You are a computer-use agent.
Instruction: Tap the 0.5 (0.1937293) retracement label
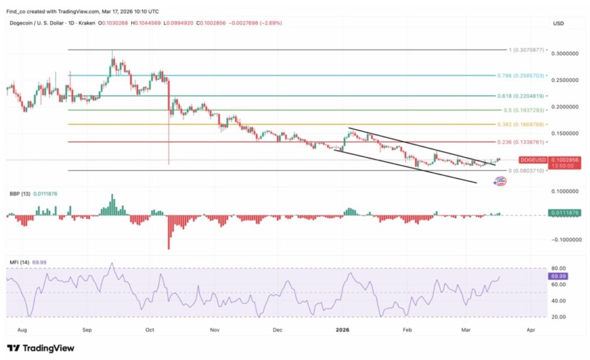(522, 110)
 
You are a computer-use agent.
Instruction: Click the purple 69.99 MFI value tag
(558, 276)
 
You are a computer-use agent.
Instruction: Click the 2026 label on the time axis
(342, 330)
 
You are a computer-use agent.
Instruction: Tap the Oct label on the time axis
(150, 330)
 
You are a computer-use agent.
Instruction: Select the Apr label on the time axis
(531, 330)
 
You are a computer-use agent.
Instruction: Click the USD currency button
(558, 24)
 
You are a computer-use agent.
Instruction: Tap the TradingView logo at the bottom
(40, 348)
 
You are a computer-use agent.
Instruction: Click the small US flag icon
(501, 181)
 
